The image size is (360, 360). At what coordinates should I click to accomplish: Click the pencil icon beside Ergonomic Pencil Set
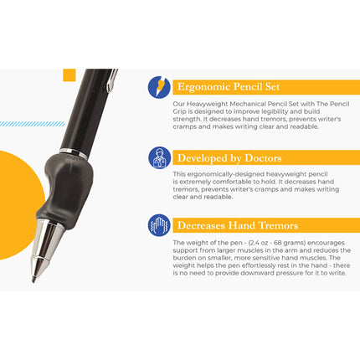(158, 87)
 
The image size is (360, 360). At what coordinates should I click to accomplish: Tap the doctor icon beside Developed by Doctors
(158, 157)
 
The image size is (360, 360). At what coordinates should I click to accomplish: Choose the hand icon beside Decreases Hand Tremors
(158, 225)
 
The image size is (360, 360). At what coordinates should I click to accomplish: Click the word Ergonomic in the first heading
(202, 87)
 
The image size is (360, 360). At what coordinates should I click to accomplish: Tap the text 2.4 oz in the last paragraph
(255, 243)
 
